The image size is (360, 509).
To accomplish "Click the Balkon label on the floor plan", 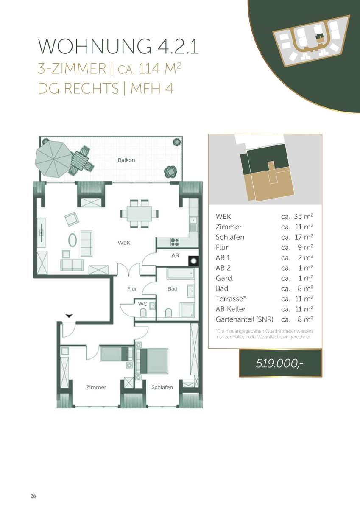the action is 126,160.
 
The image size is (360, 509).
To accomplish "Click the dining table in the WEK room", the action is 140,213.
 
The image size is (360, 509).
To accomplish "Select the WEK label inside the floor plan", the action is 124,243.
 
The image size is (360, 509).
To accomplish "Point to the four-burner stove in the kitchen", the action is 175,242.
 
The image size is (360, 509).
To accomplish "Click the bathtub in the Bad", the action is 181,274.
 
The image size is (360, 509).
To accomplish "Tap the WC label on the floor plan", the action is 142,304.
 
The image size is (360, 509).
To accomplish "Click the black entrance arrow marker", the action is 69,316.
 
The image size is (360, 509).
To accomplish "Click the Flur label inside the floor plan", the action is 132,288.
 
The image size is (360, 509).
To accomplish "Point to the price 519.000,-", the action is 279,364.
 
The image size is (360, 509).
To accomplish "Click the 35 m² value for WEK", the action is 304,216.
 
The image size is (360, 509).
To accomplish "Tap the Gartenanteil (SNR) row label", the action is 244,319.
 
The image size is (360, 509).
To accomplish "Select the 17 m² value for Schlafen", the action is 304,237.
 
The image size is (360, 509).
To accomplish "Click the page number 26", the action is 33,496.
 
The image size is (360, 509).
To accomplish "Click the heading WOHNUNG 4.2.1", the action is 118,46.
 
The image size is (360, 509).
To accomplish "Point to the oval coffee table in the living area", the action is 73,240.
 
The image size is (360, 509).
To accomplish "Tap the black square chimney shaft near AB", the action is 193,261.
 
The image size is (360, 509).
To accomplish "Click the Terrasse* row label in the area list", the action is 231,299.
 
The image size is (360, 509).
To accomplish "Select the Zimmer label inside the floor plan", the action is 96,387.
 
